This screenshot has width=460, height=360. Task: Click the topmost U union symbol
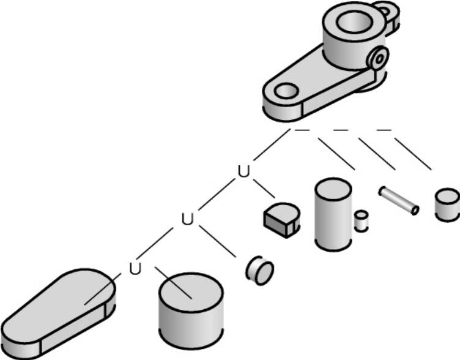pyautogui.click(x=243, y=171)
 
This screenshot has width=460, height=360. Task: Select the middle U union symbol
pyautogui.click(x=188, y=219)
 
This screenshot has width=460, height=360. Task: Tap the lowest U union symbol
pyautogui.click(x=135, y=268)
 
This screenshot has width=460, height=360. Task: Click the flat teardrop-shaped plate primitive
pyautogui.click(x=57, y=313)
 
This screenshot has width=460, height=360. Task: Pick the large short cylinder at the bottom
pyautogui.click(x=191, y=310)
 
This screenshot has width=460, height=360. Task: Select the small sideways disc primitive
pyautogui.click(x=259, y=270)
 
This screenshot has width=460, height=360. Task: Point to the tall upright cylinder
pyautogui.click(x=333, y=214)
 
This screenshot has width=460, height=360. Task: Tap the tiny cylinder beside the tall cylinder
pyautogui.click(x=361, y=221)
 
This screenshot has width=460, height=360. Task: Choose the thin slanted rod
pyautogui.click(x=399, y=201)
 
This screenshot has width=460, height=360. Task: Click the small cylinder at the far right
pyautogui.click(x=447, y=205)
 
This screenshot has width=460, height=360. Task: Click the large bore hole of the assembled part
pyautogui.click(x=355, y=21)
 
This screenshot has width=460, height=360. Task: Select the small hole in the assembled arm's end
pyautogui.click(x=287, y=91)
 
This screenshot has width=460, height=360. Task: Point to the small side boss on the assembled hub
pyautogui.click(x=378, y=58)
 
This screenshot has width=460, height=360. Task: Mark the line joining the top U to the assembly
pyautogui.click(x=272, y=144)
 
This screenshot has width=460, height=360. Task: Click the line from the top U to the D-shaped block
pyautogui.click(x=264, y=189)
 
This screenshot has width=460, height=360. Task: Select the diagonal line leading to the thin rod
pyautogui.click(x=377, y=154)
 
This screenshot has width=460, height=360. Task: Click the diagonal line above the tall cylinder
pyautogui.click(x=337, y=154)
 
